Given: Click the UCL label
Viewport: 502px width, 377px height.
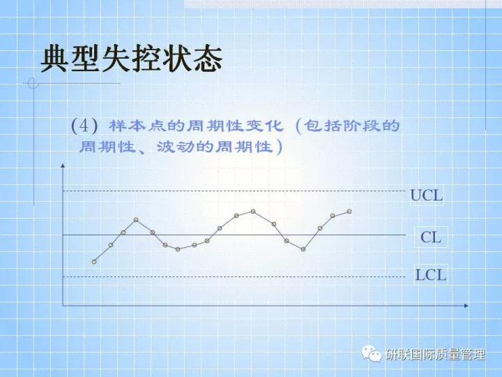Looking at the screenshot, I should click(426, 195).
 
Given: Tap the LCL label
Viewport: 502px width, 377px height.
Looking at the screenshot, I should click(431, 274).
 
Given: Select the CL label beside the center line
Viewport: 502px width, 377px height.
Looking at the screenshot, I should click(431, 237).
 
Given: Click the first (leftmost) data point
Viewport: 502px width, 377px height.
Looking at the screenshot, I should click(94, 262).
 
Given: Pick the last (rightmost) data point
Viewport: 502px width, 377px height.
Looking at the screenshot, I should click(349, 211).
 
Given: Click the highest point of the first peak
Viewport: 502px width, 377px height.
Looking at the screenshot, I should click(136, 220).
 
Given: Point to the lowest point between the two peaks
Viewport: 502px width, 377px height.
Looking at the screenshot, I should click(178, 249).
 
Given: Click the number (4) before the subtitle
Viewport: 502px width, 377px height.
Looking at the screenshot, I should click(84, 126).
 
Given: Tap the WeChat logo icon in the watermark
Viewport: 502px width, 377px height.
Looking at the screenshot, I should click(371, 355).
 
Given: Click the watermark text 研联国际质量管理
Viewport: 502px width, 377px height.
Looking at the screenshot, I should click(435, 355).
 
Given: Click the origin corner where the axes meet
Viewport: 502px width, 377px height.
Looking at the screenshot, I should click(63, 306).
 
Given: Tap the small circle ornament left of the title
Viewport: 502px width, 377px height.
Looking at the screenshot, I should click(31, 84).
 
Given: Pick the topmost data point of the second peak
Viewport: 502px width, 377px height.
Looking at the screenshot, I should click(253, 211).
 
